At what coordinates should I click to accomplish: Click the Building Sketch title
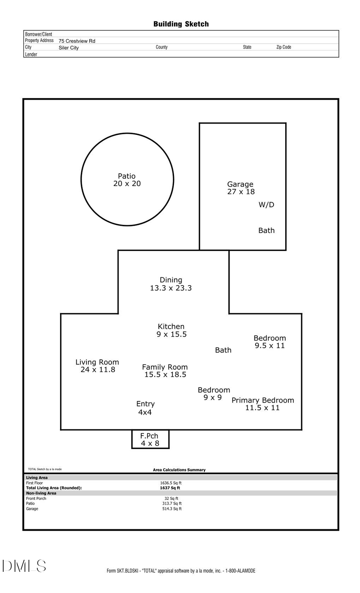pyautogui.click(x=181, y=24)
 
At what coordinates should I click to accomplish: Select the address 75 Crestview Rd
pyautogui.click(x=77, y=41)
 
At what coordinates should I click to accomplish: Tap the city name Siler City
pyautogui.click(x=69, y=48)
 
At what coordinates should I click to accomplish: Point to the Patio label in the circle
pyautogui.click(x=127, y=180)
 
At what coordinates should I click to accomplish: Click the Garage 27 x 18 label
pyautogui.click(x=240, y=188)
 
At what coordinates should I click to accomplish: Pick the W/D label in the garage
pyautogui.click(x=266, y=205)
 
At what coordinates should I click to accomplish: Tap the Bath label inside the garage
pyautogui.click(x=266, y=230)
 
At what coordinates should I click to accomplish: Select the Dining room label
pyautogui.click(x=171, y=284)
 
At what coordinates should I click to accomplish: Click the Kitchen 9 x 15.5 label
pyautogui.click(x=171, y=331)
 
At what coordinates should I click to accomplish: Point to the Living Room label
pyautogui.click(x=97, y=366)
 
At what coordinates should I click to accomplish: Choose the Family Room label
pyautogui.click(x=165, y=371)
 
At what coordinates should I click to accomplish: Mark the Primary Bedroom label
pyautogui.click(x=263, y=404)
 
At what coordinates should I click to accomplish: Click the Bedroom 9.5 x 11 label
pyautogui.click(x=270, y=342)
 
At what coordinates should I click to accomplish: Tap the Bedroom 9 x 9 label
pyautogui.click(x=214, y=393)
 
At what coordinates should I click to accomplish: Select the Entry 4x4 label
pyautogui.click(x=145, y=408)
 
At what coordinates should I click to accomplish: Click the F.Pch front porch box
pyautogui.click(x=150, y=439)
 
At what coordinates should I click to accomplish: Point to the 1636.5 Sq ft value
pyautogui.click(x=171, y=483)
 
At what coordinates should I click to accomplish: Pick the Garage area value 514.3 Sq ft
pyautogui.click(x=172, y=509)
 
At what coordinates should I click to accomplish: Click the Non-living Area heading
pyautogui.click(x=41, y=493)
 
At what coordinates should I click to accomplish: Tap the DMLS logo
pyautogui.click(x=24, y=566)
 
